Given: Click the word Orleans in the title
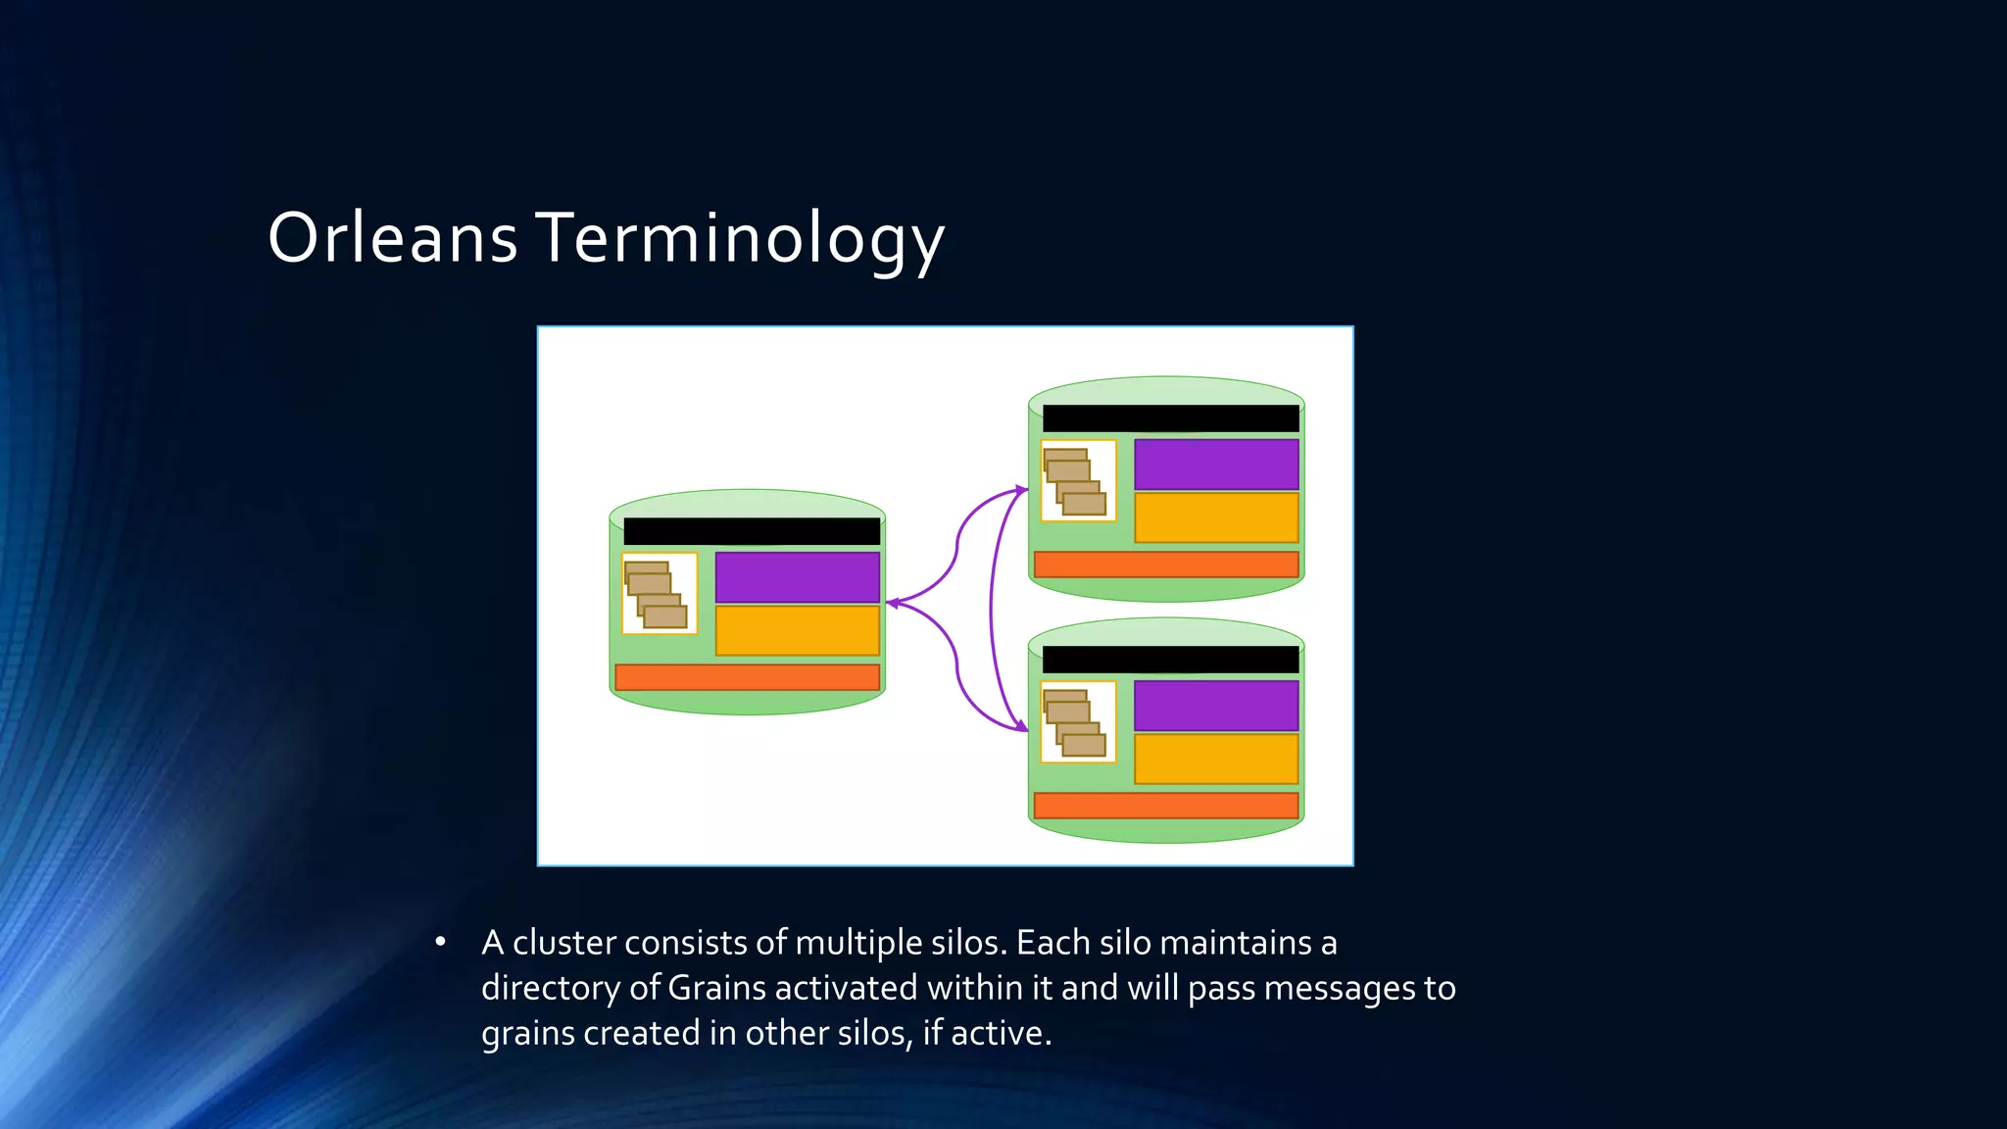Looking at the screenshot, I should coord(392,238).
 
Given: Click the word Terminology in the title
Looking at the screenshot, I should coord(740,238).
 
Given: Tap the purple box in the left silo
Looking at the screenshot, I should coord(797,577).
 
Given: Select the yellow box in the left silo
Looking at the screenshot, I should coord(797,630).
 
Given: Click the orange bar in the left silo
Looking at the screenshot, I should coord(747,677).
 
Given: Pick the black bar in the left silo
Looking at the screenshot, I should coord(752,531).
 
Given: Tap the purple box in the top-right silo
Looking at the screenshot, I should coord(1216,465).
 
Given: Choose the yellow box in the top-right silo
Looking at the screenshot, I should coord(1216,517).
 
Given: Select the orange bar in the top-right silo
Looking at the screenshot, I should coord(1166,564).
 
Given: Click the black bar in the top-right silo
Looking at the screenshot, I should coord(1170,418).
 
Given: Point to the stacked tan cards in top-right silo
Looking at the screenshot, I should coord(1076,481).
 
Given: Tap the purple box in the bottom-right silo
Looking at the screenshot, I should coord(1216,706).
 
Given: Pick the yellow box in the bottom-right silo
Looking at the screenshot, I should coord(1216,759).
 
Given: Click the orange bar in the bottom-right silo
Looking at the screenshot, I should coord(1166,806).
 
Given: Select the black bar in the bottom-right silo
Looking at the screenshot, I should coord(1170,660).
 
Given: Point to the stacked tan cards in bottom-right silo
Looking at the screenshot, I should coord(1076,722).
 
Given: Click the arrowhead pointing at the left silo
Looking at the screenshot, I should coord(892,603).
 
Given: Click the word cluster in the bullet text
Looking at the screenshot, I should coord(564,943).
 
